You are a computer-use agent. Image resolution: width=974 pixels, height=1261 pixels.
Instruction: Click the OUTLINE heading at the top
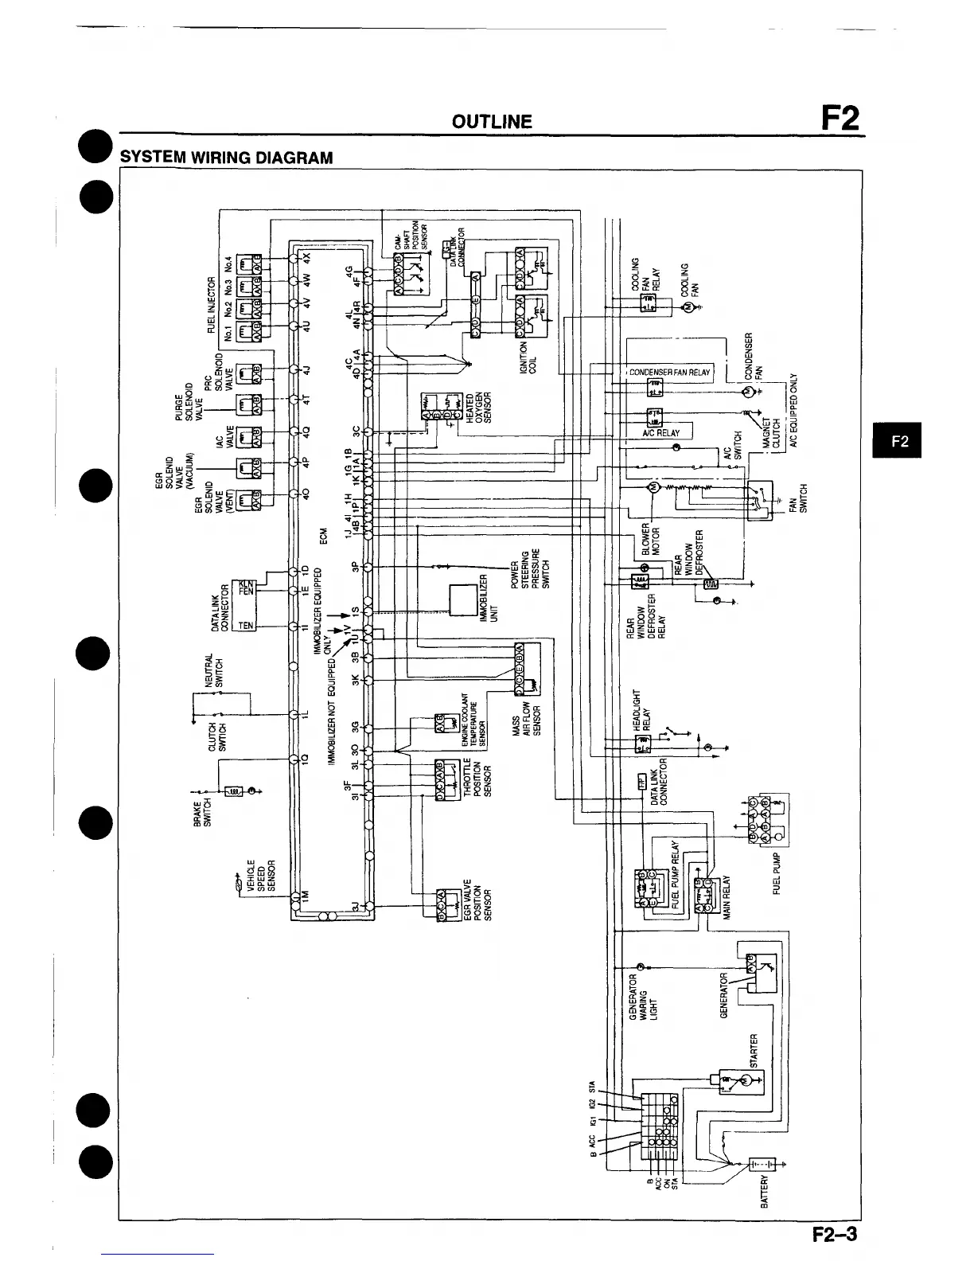[x=491, y=122]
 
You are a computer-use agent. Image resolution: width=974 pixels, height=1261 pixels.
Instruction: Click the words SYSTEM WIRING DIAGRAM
[x=226, y=157]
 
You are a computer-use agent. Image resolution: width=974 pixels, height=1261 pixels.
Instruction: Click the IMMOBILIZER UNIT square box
[x=462, y=599]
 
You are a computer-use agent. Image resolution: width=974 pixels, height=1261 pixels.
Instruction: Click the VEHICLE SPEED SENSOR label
[x=260, y=877]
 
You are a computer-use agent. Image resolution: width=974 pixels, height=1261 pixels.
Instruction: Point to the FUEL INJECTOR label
[x=212, y=303]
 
